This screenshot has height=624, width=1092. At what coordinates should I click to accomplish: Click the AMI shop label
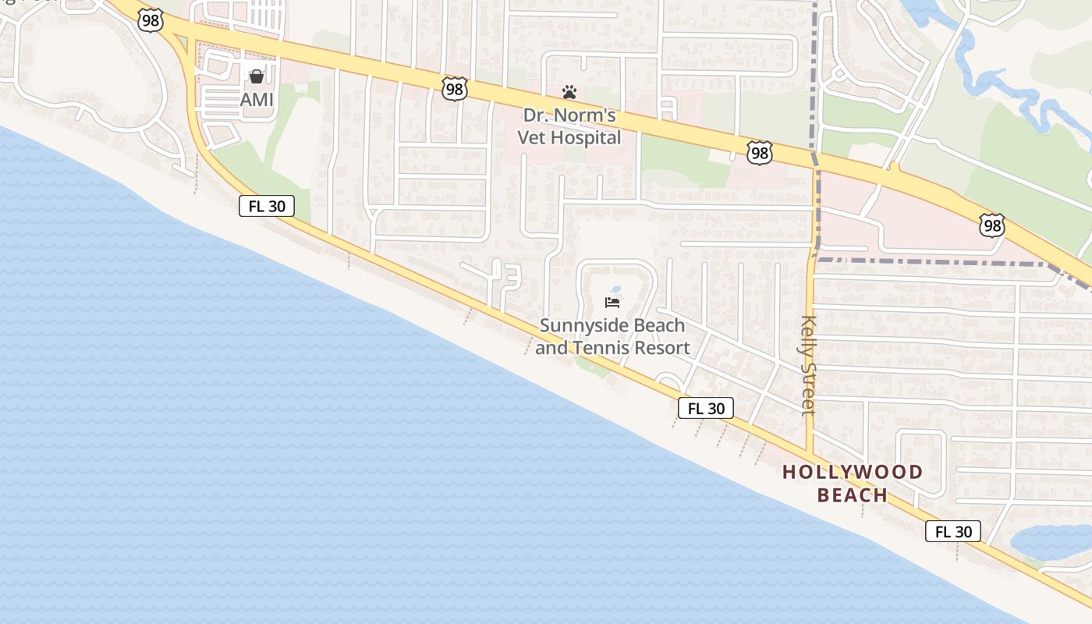point(257,100)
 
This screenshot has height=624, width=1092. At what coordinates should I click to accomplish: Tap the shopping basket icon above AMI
point(257,76)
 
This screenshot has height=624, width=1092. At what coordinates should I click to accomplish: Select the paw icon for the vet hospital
point(569,92)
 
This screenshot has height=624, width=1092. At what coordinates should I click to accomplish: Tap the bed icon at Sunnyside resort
point(612,302)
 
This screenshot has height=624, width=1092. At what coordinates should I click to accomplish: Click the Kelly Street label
point(808,365)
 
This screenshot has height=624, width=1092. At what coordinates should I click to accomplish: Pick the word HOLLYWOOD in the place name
point(853,472)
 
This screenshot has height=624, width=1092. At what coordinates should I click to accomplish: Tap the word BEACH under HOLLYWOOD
point(853,495)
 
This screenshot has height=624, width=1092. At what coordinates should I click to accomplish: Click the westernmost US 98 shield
point(151,20)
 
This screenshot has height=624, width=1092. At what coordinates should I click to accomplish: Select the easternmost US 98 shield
point(992,226)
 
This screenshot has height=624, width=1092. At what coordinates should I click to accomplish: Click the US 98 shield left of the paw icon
point(454,89)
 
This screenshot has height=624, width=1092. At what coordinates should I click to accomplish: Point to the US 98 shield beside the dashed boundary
point(759,152)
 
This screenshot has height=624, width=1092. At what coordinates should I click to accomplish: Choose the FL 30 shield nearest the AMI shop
point(267,206)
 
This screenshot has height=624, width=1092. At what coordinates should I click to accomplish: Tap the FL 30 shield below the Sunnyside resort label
point(705,408)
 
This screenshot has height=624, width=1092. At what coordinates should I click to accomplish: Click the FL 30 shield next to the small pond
point(952,532)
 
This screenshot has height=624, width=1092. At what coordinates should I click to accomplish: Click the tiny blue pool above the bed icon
point(615,289)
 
